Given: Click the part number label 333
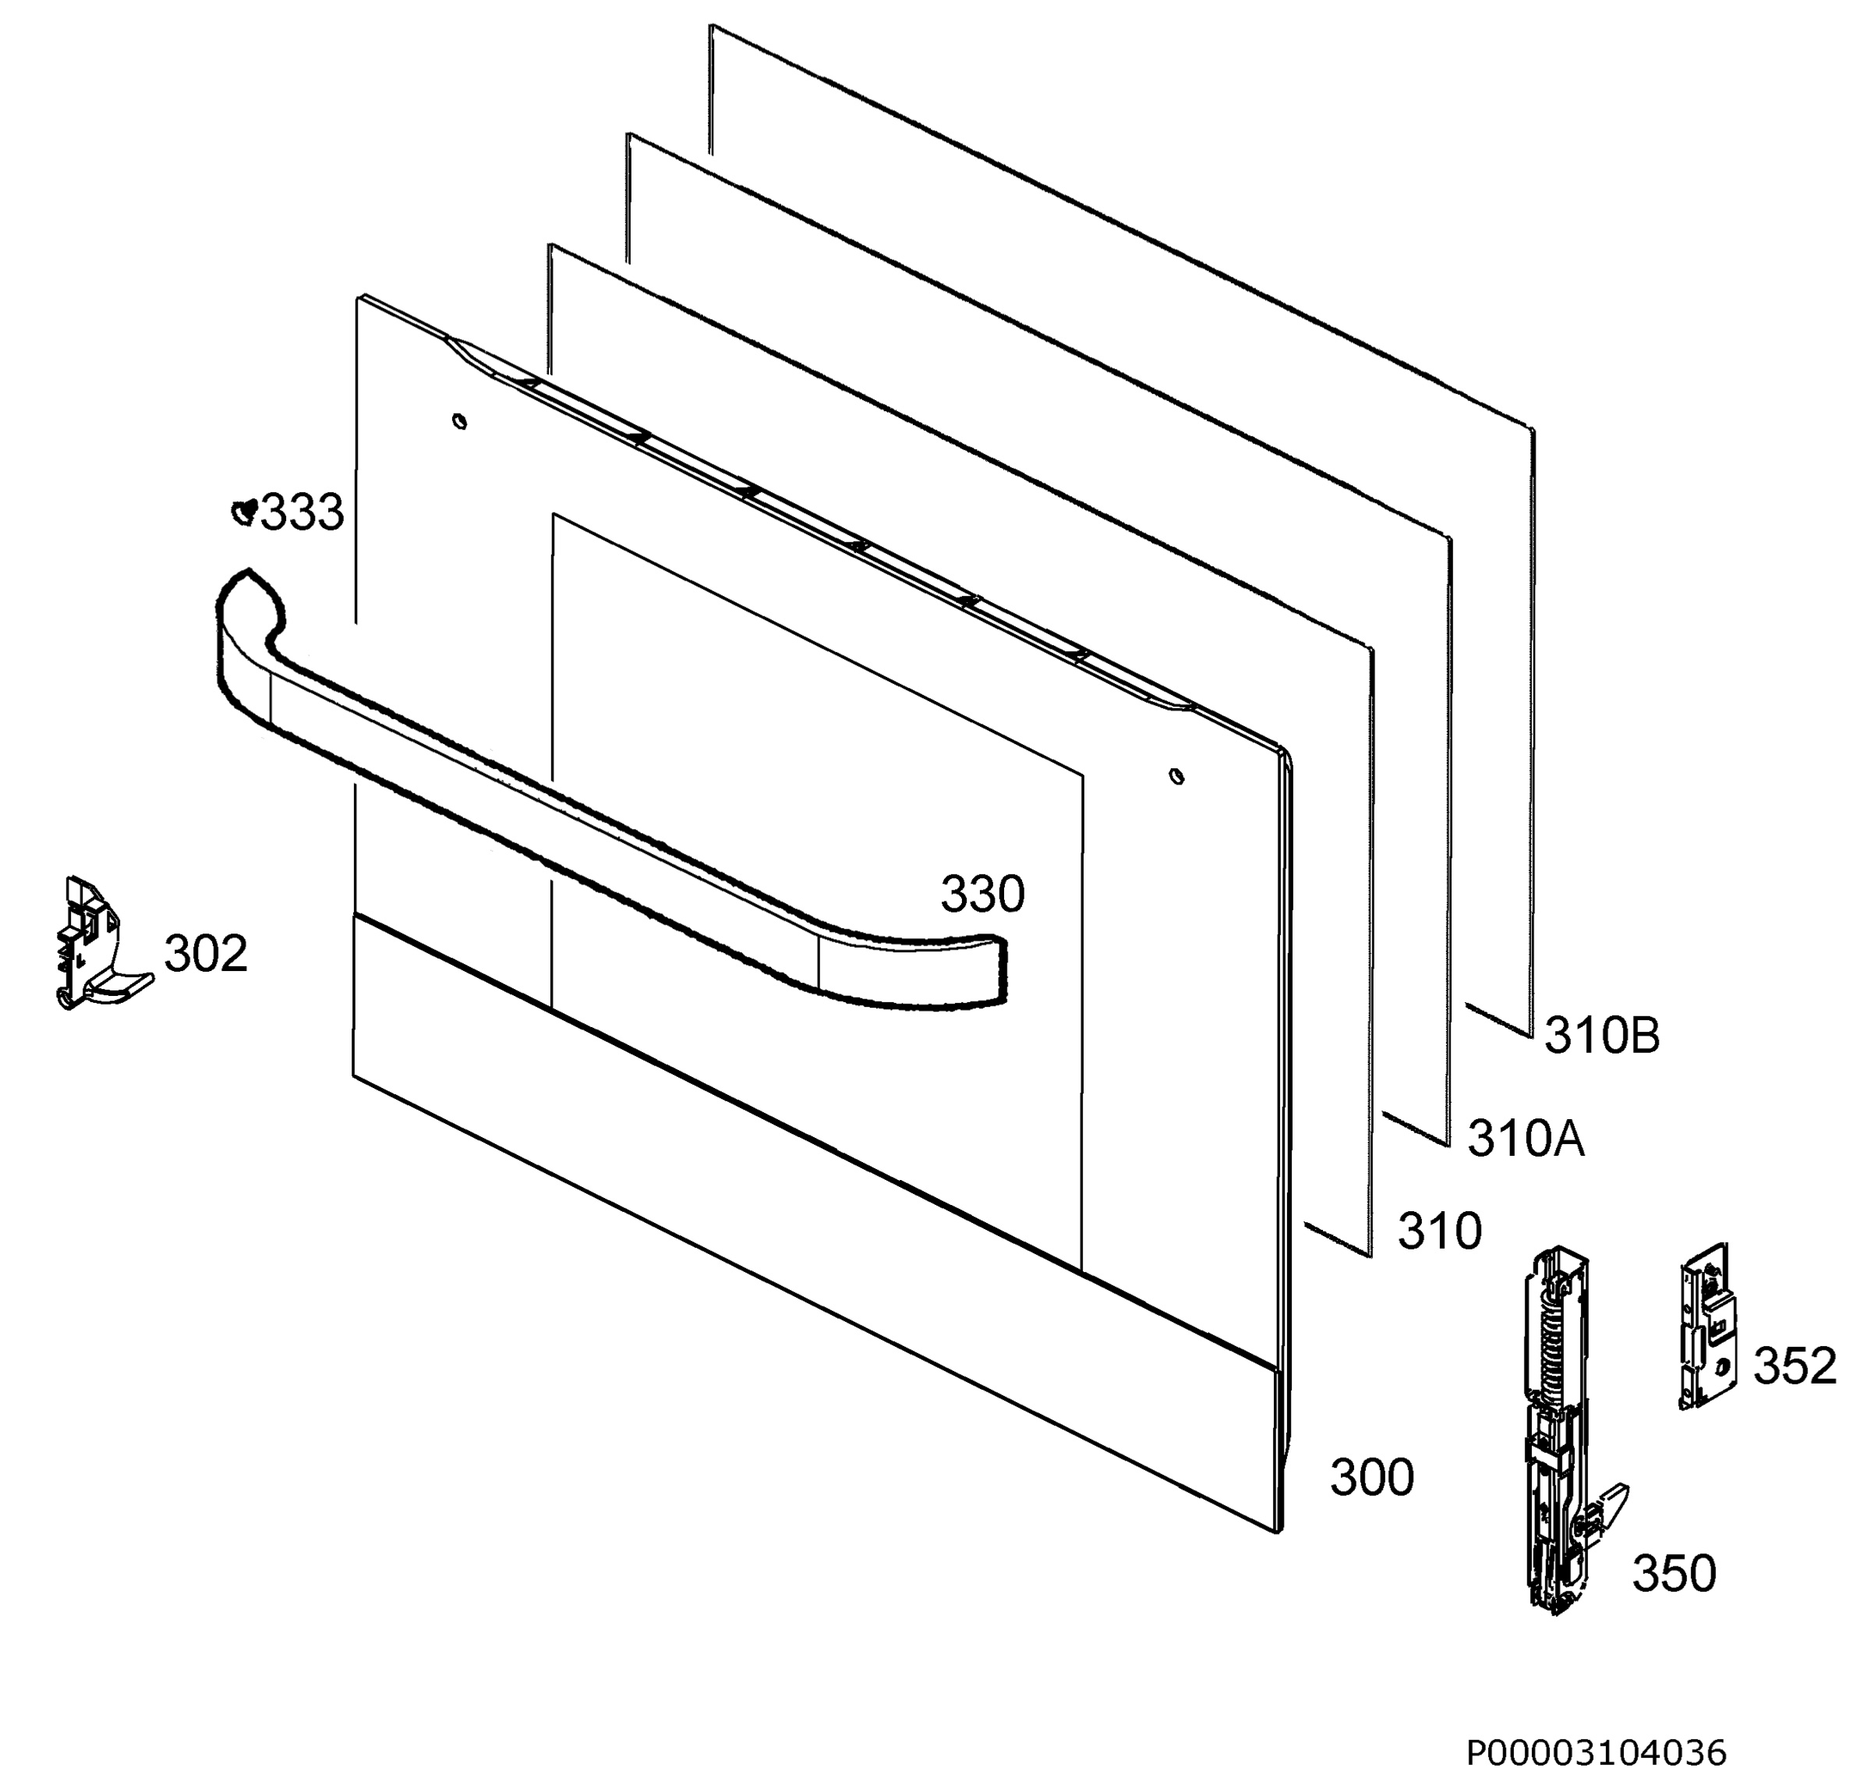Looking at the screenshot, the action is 302,513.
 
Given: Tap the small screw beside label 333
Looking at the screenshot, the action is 245,512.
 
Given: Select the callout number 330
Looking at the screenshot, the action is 982,895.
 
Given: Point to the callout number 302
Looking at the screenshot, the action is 206,954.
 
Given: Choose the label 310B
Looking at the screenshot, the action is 1602,1037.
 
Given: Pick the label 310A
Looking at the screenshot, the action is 1526,1139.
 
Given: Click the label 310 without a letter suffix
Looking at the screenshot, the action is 1439,1232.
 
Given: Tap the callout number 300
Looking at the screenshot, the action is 1371,1479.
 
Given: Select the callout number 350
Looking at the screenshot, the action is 1674,1573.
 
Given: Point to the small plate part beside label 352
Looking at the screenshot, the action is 1707,1325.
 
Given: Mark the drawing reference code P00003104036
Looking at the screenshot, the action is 1596,1752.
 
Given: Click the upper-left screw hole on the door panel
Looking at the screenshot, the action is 460,420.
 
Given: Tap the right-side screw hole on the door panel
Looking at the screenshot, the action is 1177,776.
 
